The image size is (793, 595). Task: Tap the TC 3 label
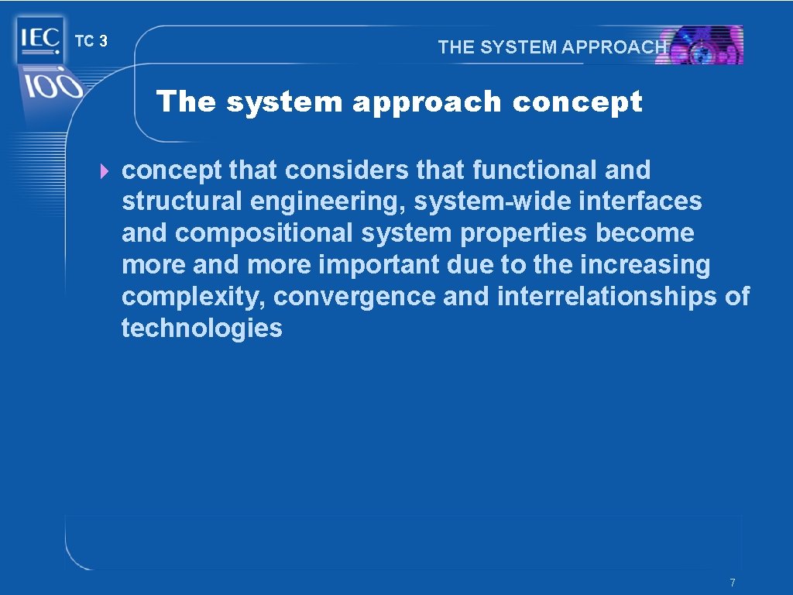[x=91, y=41]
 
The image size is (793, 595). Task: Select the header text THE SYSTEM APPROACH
[x=552, y=46]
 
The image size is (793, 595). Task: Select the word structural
[x=182, y=201]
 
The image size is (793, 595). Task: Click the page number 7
[x=732, y=583]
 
